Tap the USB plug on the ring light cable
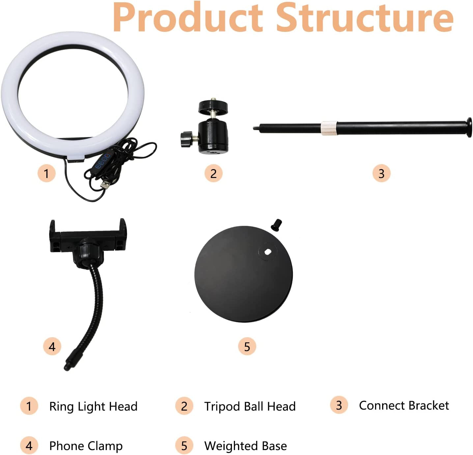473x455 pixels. [x=106, y=185]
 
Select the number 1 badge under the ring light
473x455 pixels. [x=46, y=173]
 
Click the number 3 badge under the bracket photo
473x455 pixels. [x=381, y=173]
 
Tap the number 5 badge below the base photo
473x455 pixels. [x=247, y=346]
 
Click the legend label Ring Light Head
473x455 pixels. [x=93, y=406]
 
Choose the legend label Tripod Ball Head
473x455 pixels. [x=250, y=406]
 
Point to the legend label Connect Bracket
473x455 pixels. [x=404, y=406]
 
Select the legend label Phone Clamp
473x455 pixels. [x=86, y=446]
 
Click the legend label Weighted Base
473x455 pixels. [x=245, y=446]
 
